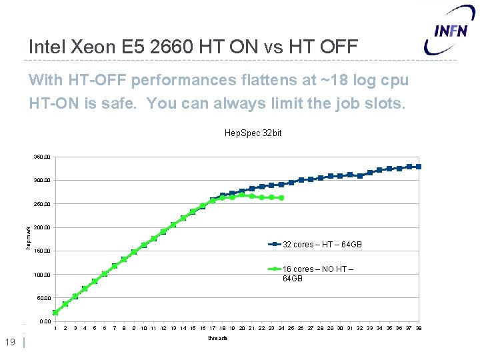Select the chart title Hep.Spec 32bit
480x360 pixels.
253,133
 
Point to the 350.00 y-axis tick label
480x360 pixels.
42,157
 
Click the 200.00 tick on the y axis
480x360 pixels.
42,227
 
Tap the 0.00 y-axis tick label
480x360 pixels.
44,321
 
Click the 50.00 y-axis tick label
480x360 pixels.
43,298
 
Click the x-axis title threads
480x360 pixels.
217,339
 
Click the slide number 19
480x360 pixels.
10,343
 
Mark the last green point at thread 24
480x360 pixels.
281,198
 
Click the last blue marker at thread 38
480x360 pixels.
419,167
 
